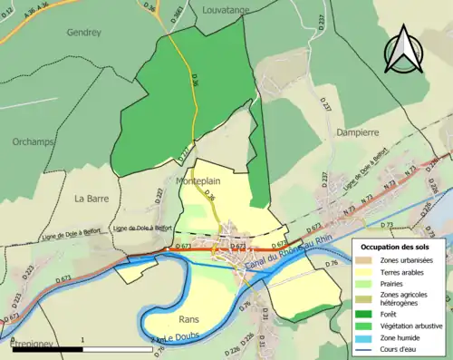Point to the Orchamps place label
[x=34, y=142]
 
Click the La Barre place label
[x=92, y=198]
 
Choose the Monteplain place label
[x=193, y=181]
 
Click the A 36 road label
[x=37, y=5]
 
